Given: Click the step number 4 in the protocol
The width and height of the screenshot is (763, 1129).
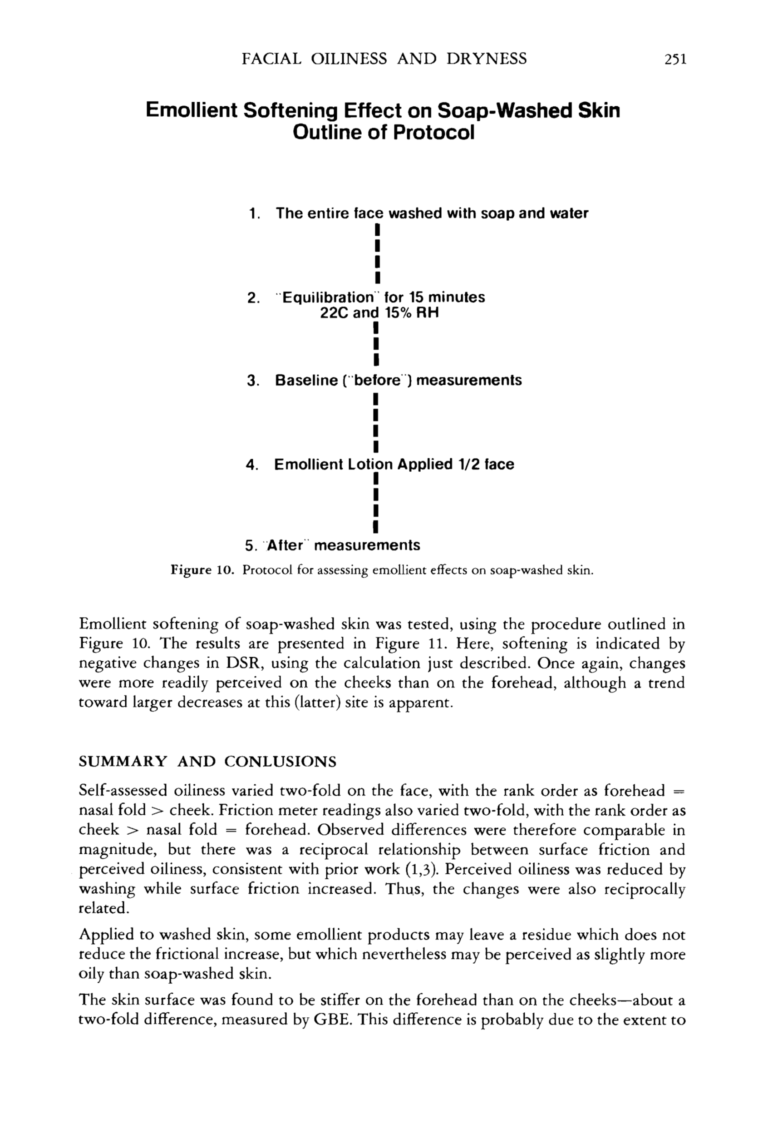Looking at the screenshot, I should tap(251, 465).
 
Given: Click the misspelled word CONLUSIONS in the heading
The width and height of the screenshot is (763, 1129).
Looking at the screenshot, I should tap(280, 761).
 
